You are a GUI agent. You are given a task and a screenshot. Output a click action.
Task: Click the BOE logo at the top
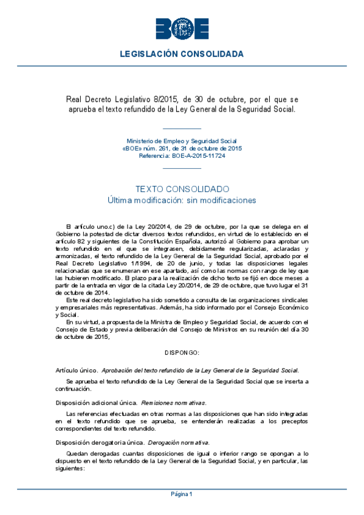pos(182,28)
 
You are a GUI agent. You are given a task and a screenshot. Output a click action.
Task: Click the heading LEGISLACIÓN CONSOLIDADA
pos(182,54)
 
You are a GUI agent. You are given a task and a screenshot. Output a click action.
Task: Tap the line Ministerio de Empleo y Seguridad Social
pos(182,141)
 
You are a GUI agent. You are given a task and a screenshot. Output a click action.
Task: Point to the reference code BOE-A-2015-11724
pos(199,155)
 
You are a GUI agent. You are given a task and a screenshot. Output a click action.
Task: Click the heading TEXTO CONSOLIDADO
pos(182,189)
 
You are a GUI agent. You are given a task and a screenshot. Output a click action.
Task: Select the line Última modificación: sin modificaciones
pos(182,200)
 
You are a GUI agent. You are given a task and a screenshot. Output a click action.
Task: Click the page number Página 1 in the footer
pos(182,494)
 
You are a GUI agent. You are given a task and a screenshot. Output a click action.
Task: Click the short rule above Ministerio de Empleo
pos(182,129)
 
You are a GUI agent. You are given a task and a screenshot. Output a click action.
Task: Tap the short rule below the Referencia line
pos(182,167)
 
